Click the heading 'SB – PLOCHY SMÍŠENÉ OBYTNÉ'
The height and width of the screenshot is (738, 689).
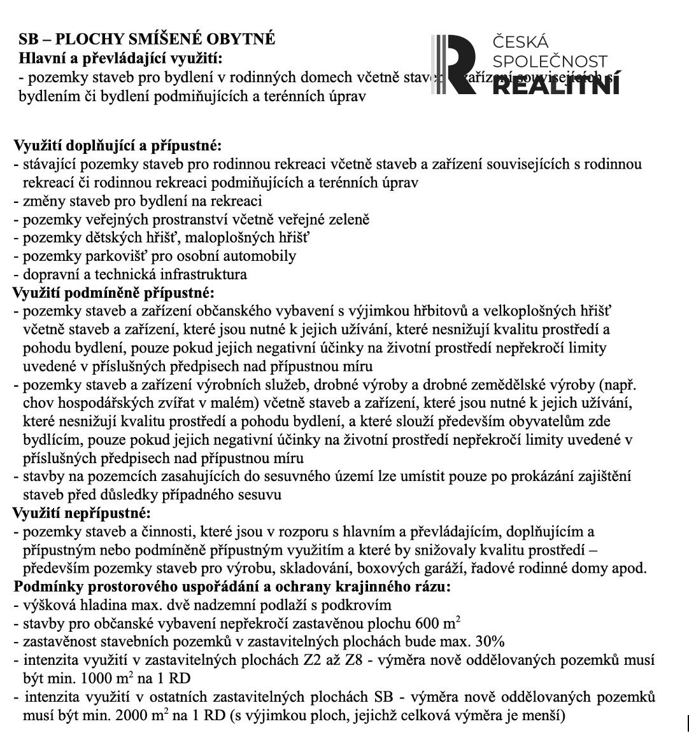pos(147,39)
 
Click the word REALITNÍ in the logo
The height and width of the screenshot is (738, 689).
pos(555,85)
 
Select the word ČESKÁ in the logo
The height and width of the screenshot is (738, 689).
pos(520,43)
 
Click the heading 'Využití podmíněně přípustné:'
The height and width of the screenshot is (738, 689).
pos(114,293)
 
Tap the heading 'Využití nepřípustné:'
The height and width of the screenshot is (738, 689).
pos(82,513)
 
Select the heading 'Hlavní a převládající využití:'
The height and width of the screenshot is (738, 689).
pos(121,59)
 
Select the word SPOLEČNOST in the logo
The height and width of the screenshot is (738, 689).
pos(550,62)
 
